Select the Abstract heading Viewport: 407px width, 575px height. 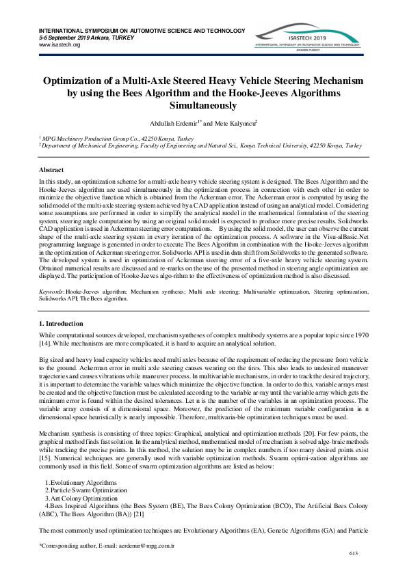pyautogui.click(x=51, y=169)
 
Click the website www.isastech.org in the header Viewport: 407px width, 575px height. pyautogui.click(x=60, y=44)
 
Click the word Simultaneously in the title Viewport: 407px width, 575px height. pyautogui.click(x=203, y=106)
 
